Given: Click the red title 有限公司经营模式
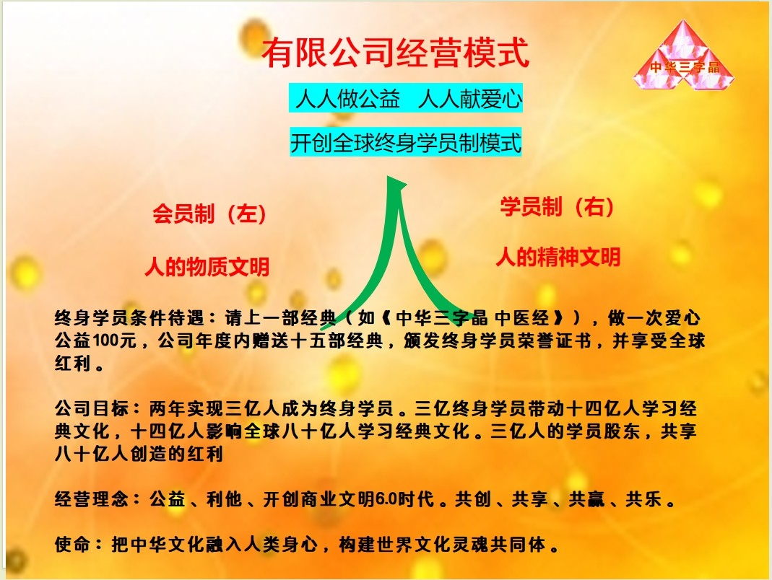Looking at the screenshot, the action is [395, 53].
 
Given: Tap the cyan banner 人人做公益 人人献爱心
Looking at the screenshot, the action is [406, 98].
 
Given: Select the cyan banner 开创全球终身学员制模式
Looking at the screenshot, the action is [406, 143].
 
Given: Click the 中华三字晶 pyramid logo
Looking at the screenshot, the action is [683, 56].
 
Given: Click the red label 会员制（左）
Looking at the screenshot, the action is [209, 214].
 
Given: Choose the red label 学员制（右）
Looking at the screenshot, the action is [557, 206].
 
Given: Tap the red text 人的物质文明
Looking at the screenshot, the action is [207, 267].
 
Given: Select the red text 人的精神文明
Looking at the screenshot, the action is [558, 257].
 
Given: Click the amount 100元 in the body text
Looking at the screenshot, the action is [114, 340].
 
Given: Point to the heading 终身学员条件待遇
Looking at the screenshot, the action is [129, 318].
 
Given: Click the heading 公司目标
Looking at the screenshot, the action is [92, 408].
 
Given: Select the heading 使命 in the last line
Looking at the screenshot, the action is [72, 544].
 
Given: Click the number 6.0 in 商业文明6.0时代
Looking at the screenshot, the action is [386, 498].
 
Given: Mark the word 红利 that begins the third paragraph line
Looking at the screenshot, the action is [72, 363].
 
